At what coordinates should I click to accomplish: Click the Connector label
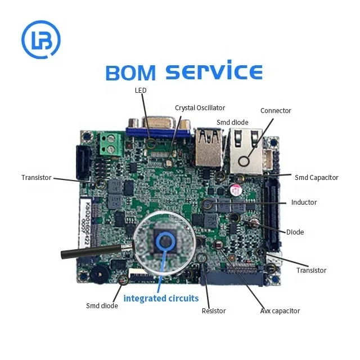[x=276, y=111]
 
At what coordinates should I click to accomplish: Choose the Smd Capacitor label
[x=316, y=177]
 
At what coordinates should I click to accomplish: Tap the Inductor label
[x=304, y=202]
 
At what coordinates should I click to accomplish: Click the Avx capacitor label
[x=280, y=310]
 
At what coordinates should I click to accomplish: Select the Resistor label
[x=214, y=310]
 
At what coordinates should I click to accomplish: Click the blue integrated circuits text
[x=161, y=298]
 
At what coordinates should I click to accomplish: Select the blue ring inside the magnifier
[x=165, y=242]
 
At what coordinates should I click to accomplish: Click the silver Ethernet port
[x=244, y=152]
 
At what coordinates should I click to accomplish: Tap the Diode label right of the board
[x=295, y=232]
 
